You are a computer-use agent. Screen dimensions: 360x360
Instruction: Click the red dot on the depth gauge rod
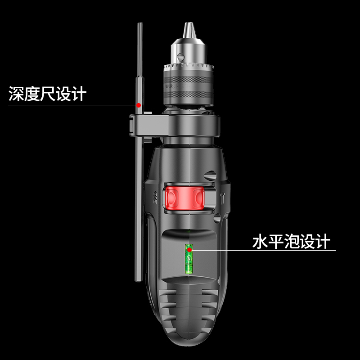point(139,105)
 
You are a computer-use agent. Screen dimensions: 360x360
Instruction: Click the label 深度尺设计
point(47,94)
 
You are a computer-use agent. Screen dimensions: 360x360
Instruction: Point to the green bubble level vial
point(189,260)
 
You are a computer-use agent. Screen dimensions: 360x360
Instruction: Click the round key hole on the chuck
point(180,56)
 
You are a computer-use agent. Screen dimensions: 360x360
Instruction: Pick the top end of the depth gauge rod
point(139,25)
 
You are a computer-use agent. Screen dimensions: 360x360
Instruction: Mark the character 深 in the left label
point(16,94)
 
